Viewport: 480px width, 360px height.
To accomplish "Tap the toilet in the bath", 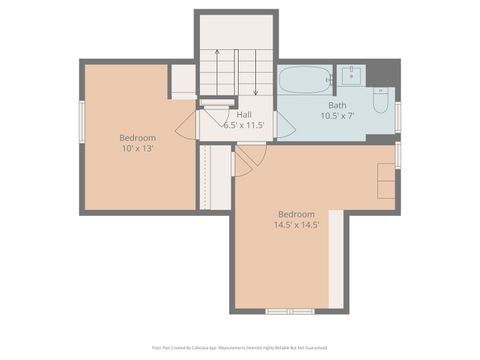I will pyautogui.click(x=381, y=100).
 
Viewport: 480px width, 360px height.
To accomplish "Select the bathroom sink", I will pyautogui.click(x=351, y=73).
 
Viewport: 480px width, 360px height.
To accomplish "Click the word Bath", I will pyautogui.click(x=337, y=105).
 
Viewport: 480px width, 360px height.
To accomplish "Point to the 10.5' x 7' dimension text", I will pyautogui.click(x=337, y=116).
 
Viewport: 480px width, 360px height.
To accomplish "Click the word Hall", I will pyautogui.click(x=244, y=114).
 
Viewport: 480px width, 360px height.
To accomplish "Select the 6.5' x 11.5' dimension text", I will pyautogui.click(x=244, y=125).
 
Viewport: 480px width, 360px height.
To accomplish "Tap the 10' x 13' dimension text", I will pyautogui.click(x=137, y=147).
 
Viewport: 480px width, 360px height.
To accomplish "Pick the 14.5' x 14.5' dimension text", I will pyautogui.click(x=296, y=225).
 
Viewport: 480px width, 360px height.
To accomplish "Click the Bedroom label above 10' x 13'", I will pyautogui.click(x=137, y=136).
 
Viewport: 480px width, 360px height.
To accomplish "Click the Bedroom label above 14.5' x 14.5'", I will pyautogui.click(x=296, y=214).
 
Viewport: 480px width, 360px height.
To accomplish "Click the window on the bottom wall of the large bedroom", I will pyautogui.click(x=290, y=311).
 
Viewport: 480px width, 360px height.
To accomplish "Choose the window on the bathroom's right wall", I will pyautogui.click(x=397, y=117).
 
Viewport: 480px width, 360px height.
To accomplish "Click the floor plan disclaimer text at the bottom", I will pyautogui.click(x=240, y=347).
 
